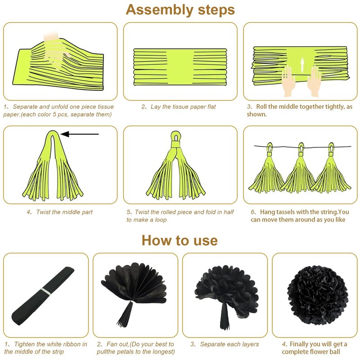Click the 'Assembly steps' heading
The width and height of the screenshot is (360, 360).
tap(180, 10)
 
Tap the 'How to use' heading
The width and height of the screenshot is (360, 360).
tap(180, 240)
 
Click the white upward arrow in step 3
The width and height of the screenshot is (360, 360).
tap(302, 64)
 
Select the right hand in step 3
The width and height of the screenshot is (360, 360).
tap(314, 81)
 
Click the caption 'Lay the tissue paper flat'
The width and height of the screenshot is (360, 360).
tap(183, 107)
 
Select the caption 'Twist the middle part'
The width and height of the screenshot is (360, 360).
tap(64, 212)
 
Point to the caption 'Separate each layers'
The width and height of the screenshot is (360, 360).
tap(229, 344)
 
